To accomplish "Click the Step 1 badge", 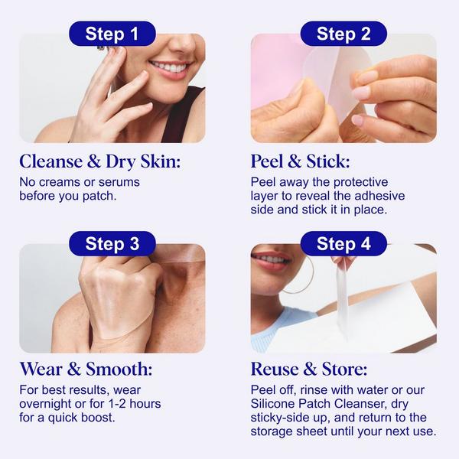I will [112, 34].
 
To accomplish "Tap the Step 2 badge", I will [343, 34].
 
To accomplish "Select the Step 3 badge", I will [112, 244].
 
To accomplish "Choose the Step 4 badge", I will [343, 244].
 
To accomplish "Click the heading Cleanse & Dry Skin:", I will [101, 162].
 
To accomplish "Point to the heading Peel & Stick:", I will [300, 162].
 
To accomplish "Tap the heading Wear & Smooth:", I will [86, 370].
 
